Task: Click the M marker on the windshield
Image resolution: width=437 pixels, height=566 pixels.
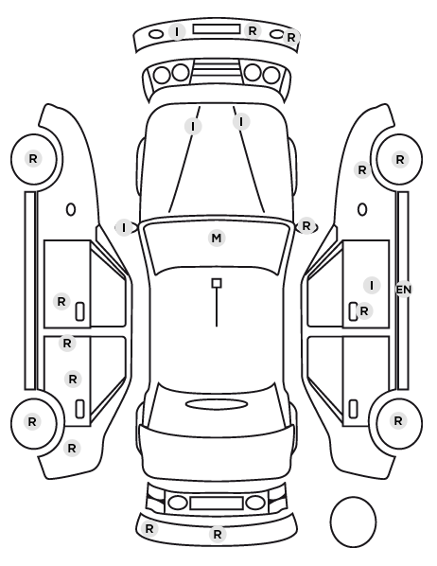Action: click(217, 239)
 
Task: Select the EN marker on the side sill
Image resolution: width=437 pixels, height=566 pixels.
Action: click(404, 290)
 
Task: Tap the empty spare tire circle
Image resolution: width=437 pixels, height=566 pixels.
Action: click(353, 522)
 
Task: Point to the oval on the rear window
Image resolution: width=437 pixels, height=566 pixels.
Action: click(217, 404)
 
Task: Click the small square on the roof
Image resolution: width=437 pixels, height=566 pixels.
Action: click(217, 283)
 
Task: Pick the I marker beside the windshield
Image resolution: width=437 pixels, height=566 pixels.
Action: click(124, 228)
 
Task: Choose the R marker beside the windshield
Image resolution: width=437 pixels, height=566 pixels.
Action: click(306, 226)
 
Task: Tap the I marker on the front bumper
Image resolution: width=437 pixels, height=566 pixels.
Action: click(177, 31)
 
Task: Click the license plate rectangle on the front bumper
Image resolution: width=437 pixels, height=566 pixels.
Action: click(217, 29)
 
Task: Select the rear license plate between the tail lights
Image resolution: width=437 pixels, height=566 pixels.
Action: click(217, 503)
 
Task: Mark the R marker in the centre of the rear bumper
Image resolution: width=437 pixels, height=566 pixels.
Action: click(218, 534)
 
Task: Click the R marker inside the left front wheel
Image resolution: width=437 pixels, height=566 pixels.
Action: click(33, 158)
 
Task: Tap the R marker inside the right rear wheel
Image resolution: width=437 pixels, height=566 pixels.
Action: click(398, 420)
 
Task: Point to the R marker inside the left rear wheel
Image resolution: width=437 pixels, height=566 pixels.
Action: click(32, 421)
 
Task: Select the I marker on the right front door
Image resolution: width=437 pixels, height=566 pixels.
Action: click(372, 286)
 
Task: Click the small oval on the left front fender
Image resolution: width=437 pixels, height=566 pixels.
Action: click(71, 209)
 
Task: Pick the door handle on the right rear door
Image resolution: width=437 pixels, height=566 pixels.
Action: click(353, 409)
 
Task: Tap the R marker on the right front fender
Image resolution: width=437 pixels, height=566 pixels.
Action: click(362, 169)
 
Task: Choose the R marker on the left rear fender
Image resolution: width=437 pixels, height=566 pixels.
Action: click(72, 449)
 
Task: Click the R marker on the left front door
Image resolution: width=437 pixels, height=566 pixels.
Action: click(61, 301)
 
